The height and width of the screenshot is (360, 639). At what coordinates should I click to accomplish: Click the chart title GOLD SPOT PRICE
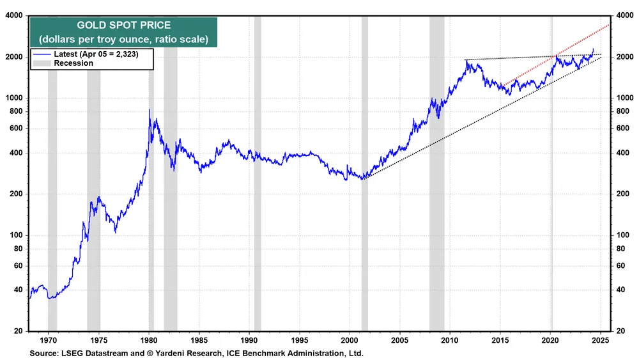pyautogui.click(x=123, y=26)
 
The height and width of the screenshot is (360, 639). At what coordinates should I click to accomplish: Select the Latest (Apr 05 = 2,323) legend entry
pyautogui.click(x=96, y=54)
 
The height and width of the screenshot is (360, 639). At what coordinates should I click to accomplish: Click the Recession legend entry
pyautogui.click(x=73, y=63)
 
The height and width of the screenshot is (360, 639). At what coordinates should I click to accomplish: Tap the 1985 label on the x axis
pyautogui.click(x=199, y=341)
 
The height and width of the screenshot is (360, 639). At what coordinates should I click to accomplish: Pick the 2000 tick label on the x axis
pyautogui.click(x=350, y=341)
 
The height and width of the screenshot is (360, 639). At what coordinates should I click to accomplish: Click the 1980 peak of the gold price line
pyautogui.click(x=150, y=110)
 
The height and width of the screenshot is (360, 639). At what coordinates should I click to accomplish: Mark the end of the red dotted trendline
pyautogui.click(x=609, y=24)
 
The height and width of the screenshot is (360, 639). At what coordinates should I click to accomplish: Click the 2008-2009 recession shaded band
pyautogui.click(x=437, y=173)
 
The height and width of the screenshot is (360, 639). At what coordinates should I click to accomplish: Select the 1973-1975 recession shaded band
pyautogui.click(x=93, y=173)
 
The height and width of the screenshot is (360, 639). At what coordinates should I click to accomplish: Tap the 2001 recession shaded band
pyautogui.click(x=365, y=173)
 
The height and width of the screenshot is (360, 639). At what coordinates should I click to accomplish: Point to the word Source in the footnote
pyautogui.click(x=43, y=353)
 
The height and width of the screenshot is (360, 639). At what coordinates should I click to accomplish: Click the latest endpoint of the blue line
pyautogui.click(x=594, y=49)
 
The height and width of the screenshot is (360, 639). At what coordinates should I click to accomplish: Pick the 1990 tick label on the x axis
pyautogui.click(x=250, y=341)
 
